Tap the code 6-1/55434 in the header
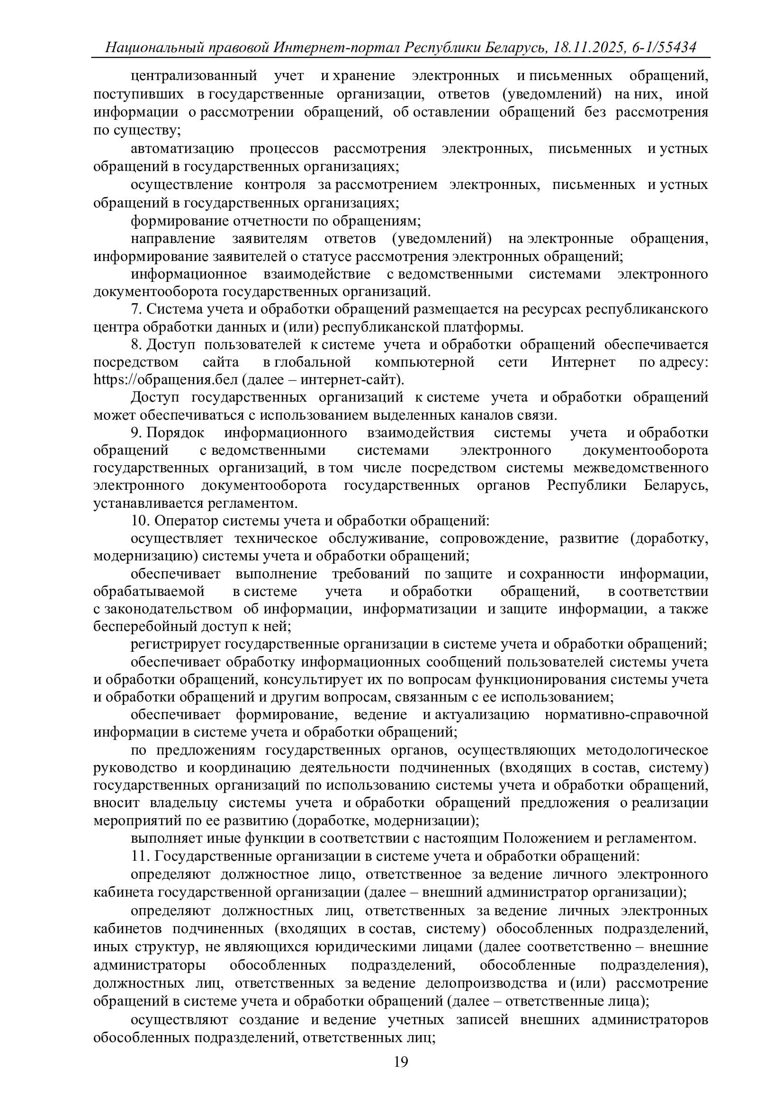tap(663, 47)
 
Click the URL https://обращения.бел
tap(165, 380)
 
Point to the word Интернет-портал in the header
tap(338, 47)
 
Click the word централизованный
tap(193, 76)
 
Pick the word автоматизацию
tap(182, 149)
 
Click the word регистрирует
tap(175, 644)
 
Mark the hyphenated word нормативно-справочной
tap(626, 714)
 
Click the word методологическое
tap(647, 750)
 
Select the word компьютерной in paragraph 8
tap(424, 362)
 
